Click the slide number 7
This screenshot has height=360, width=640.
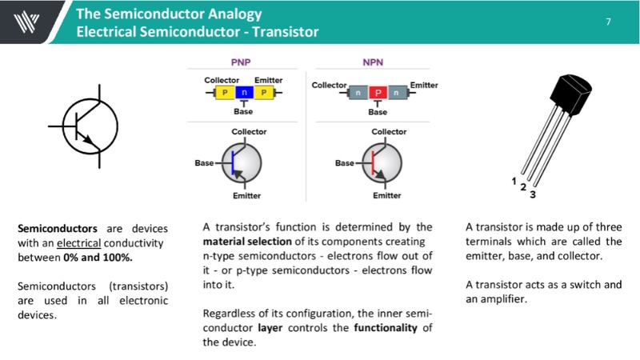[608, 22]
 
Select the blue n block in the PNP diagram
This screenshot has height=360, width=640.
[243, 93]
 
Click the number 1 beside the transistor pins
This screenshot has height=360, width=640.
[514, 181]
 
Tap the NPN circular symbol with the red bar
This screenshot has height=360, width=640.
[382, 162]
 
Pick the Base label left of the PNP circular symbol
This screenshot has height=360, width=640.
[204, 163]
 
